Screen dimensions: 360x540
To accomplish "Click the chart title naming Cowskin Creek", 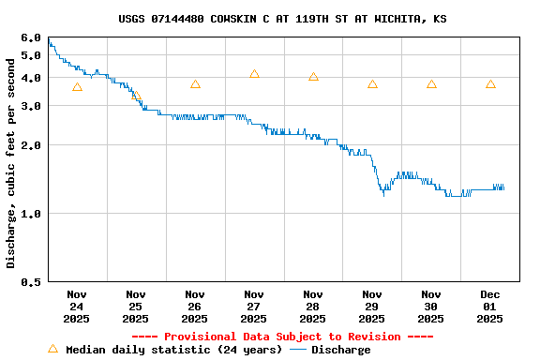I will [x=282, y=19].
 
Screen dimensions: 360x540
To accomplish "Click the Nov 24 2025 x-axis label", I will [x=77, y=306].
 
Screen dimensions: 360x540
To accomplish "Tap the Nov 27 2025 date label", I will [x=254, y=306].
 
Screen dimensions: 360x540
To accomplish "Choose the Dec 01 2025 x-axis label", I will [x=490, y=306].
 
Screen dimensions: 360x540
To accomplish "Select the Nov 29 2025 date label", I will [x=372, y=306].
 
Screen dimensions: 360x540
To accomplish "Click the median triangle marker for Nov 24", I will [x=77, y=87].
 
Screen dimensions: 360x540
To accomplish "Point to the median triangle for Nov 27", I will [x=254, y=74].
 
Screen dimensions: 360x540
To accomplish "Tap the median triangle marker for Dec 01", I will [x=490, y=84].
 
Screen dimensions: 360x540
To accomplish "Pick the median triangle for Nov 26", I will [x=195, y=84].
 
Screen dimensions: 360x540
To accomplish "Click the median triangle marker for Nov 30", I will [x=431, y=84].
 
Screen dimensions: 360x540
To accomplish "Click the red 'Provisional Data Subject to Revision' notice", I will [x=282, y=337].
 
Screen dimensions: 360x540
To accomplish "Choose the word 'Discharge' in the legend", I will [x=340, y=350].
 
